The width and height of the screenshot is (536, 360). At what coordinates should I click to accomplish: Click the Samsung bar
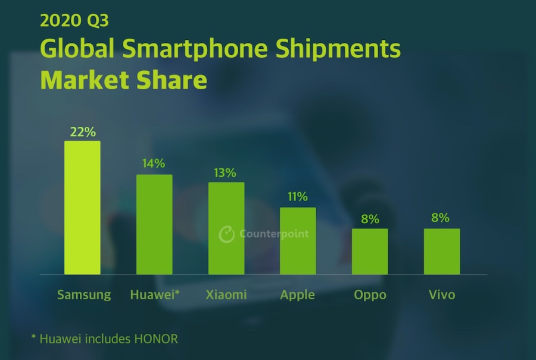coord(82,208)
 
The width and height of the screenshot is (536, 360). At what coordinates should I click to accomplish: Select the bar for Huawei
coord(154,224)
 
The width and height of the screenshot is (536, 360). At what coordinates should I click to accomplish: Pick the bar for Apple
coord(298,241)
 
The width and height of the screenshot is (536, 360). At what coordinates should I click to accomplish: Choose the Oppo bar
coord(370,251)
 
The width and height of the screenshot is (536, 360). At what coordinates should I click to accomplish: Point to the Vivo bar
coord(442,251)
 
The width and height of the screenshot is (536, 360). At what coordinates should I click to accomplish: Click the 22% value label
coord(82,132)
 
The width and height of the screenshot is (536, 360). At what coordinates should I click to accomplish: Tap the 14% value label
coord(154,164)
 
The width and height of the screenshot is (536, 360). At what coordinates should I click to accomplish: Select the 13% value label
coord(226,173)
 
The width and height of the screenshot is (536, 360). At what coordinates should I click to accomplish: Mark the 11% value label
coord(297,197)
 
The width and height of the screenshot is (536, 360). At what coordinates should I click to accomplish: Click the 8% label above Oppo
coord(370,219)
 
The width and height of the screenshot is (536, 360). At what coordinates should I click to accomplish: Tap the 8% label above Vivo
coord(441,218)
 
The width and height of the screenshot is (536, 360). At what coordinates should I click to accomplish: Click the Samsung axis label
coord(84,295)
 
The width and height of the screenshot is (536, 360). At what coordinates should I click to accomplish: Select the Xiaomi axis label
coord(226,295)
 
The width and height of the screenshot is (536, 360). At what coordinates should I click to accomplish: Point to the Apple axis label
coord(298,295)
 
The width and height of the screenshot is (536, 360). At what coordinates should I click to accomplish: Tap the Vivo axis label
coord(442,295)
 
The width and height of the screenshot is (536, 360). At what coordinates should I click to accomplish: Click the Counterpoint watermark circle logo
coord(227,234)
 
